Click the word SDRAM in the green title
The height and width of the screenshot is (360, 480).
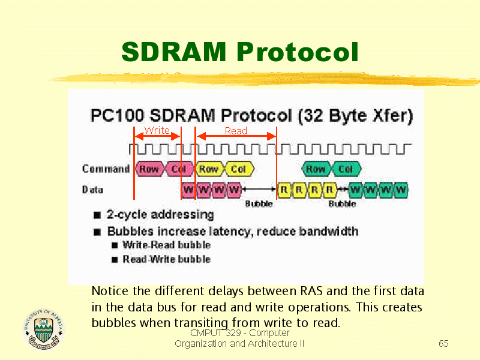tap(174, 52)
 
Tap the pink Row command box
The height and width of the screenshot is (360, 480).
tap(149, 169)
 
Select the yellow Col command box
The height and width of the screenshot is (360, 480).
tap(239, 169)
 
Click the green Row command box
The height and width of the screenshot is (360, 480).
tap(316, 169)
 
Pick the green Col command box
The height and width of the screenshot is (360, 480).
tap(346, 169)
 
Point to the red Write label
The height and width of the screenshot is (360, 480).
tap(157, 130)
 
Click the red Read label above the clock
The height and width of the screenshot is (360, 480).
tap(236, 131)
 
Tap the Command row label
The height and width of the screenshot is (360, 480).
tap(106, 169)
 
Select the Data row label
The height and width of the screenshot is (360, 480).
tap(92, 190)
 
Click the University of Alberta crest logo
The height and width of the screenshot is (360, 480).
tap(43, 329)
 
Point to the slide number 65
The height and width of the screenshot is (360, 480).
tap(443, 343)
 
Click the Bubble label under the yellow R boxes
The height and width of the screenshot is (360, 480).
tap(342, 204)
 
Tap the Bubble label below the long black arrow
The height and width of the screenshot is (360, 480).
tap(259, 204)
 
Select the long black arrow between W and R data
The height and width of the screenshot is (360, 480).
tap(259, 189)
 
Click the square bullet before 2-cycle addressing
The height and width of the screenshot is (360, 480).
tap(97, 215)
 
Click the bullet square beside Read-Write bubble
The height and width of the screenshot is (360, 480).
tap(115, 260)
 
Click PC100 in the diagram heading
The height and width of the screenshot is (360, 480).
tap(117, 115)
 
